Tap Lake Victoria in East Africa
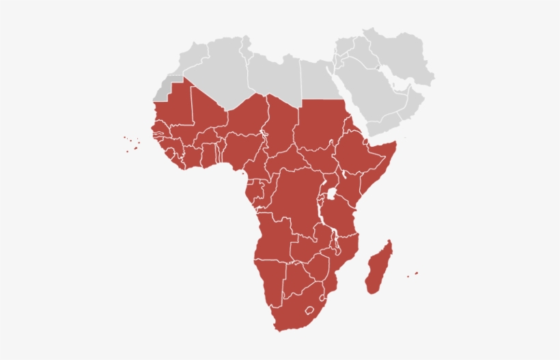click(x=333, y=195)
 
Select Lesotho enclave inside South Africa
click(x=311, y=309)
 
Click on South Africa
click(x=290, y=311)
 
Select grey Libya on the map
click(x=273, y=75)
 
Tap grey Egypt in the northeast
click(x=318, y=79)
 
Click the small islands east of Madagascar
click(x=412, y=275)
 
